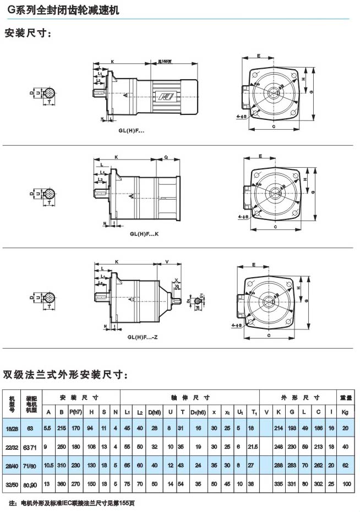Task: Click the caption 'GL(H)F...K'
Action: (144, 233)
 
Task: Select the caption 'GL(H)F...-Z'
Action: (144, 337)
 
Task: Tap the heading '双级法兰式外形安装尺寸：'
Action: (66, 375)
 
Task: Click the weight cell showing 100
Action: (345, 483)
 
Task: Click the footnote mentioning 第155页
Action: (72, 503)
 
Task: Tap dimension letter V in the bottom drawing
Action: (166, 263)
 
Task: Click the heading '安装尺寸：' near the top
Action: (28, 34)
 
